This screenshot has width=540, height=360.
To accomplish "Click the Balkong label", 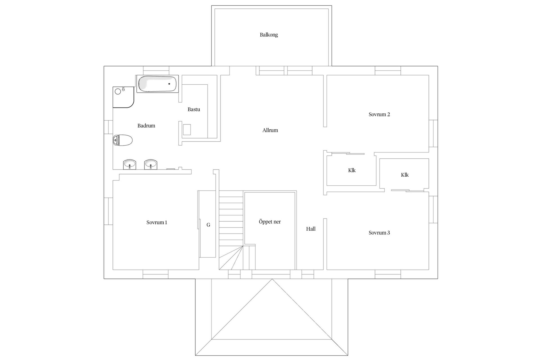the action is point(269,35).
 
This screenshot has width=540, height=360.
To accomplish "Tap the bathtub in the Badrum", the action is point(157,84).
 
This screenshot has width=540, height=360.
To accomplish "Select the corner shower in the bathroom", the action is point(123,97).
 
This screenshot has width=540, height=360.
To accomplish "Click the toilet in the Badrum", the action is point(123,140).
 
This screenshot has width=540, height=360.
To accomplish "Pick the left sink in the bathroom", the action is point(130,165).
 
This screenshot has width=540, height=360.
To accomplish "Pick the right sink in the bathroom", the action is point(151,165).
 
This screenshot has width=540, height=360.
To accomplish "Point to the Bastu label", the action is point(194,109).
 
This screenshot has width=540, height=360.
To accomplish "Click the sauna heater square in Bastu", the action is point(187,130).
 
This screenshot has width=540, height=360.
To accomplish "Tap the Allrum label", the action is point(270,130).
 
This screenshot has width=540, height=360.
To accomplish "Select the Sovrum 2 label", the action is point(379,114).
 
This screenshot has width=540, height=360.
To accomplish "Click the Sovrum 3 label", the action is point(379,233).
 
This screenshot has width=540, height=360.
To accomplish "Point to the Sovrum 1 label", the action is point(157,222).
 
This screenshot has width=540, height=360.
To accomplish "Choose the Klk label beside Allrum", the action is point(352,170).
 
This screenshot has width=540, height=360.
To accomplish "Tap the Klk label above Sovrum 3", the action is point(405,175).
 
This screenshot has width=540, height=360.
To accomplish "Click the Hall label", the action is point(311,229).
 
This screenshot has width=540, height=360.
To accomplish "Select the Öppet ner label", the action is point(270,222).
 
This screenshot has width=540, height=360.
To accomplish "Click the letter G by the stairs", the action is point(208,225).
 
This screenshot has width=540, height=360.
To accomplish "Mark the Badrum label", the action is point(146,126).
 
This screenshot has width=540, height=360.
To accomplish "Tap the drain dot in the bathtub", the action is point(169,84).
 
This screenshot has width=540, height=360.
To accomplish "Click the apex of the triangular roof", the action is point(272,279).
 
